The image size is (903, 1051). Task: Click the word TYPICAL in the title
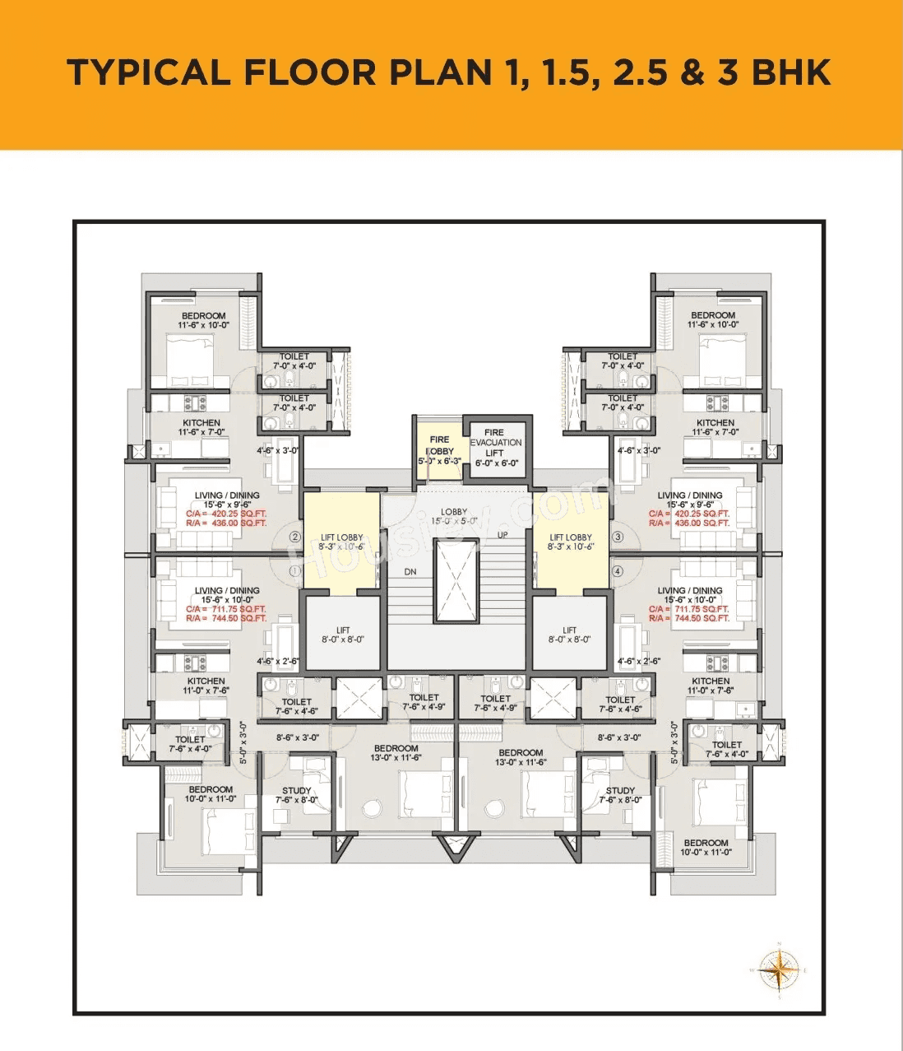(149, 72)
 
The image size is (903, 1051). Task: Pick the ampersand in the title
(692, 72)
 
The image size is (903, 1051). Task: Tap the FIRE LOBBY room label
(440, 445)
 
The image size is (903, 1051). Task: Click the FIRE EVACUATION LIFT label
(495, 442)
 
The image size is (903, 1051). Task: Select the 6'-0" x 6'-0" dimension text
(497, 463)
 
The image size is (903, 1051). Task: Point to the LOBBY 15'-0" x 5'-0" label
(454, 516)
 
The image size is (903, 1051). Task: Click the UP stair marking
(502, 535)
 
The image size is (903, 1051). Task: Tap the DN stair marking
(410, 571)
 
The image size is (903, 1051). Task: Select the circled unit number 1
(295, 570)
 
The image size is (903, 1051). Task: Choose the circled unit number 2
(295, 537)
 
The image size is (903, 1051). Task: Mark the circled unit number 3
(618, 537)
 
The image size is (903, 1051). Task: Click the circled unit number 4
(618, 570)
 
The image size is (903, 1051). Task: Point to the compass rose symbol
(778, 970)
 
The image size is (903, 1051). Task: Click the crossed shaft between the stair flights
(456, 582)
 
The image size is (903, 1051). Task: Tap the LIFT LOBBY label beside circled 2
(341, 537)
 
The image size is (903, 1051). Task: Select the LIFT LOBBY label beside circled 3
(570, 537)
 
